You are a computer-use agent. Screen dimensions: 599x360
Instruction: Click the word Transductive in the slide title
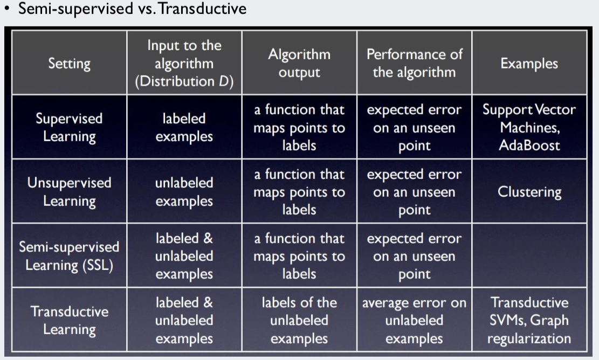coord(202,9)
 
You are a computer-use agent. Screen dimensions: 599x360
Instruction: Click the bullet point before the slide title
coord(7,9)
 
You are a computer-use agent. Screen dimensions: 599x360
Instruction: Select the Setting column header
coord(69,63)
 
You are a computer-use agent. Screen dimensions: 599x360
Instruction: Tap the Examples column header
coord(529,63)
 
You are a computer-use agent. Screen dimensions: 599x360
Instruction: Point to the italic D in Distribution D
coord(223,81)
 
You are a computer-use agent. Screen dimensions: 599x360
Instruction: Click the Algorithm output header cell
coord(299,63)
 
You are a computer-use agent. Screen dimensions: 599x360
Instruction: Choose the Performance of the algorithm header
coord(414,63)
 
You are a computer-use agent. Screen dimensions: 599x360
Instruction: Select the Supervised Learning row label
coord(69,127)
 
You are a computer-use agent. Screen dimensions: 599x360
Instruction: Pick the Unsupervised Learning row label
coord(69,191)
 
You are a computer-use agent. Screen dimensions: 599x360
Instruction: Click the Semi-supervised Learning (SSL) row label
coord(69,255)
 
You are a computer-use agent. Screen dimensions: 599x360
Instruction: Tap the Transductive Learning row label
coord(69,320)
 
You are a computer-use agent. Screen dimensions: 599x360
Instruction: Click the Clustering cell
coord(529,191)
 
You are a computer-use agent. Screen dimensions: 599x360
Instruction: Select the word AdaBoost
coord(529,145)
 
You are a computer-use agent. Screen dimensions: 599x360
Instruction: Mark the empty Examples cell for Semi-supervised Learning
coord(529,255)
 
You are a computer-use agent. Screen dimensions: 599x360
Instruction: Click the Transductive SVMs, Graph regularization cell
coord(529,320)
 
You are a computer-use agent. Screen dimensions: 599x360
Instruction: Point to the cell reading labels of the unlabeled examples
coord(299,320)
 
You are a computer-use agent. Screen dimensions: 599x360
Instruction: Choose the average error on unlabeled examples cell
coord(414,320)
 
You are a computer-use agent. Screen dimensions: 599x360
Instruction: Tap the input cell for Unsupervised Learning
coord(184,191)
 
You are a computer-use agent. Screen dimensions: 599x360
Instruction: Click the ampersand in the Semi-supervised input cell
coord(208,238)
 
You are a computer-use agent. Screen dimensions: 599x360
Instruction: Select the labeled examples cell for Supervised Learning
coord(184,127)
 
